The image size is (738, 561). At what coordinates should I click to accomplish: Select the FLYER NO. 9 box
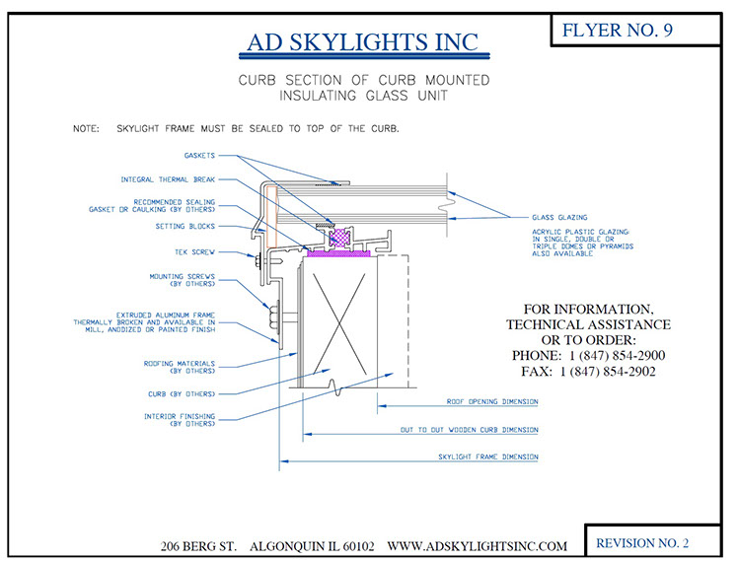click(617, 31)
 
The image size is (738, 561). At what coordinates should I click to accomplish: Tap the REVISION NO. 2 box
click(642, 542)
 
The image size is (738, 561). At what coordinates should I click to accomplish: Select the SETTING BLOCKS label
click(184, 226)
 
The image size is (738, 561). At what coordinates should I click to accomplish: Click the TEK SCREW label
click(195, 251)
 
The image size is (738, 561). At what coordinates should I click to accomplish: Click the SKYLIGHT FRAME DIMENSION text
click(488, 457)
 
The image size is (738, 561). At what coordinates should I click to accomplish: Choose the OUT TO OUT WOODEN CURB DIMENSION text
click(470, 430)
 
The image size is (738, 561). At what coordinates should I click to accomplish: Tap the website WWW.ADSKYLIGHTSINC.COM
click(478, 545)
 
